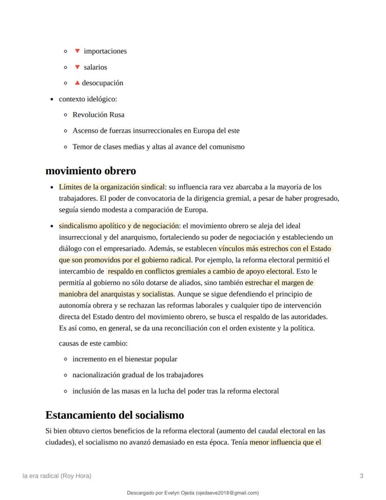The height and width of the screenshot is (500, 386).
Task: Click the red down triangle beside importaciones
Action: click(77, 51)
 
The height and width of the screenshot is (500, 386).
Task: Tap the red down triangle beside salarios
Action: click(77, 67)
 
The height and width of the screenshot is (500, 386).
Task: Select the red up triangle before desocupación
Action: click(77, 83)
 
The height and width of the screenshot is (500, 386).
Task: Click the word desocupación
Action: click(103, 83)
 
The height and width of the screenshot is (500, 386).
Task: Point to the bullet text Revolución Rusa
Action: click(98, 115)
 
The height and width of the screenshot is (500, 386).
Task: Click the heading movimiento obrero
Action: click(90, 171)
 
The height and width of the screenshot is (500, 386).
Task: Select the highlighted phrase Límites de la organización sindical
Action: click(111, 187)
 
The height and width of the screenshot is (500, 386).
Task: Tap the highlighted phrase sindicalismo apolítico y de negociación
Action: click(118, 225)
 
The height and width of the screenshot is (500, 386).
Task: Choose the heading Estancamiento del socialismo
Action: click(115, 415)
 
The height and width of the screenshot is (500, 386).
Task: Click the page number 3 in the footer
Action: click(361, 476)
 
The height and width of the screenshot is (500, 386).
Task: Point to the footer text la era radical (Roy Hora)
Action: click(57, 476)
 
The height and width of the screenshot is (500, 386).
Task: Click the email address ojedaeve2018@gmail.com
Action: click(227, 493)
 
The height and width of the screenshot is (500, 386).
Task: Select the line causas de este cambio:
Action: click(93, 344)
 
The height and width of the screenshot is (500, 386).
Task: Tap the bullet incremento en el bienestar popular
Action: click(124, 359)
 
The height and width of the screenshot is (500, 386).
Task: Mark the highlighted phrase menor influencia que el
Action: click(286, 442)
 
